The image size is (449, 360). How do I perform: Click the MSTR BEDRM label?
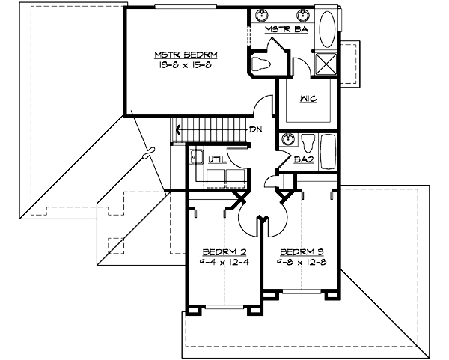point(186,55)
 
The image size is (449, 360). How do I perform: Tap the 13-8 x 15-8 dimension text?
point(186,65)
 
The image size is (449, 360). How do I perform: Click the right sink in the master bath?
point(304,15)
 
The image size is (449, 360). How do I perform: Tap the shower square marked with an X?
point(326,63)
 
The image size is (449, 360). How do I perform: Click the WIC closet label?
point(308,98)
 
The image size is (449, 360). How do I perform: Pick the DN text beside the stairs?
point(255,129)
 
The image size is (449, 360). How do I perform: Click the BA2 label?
point(303,159)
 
